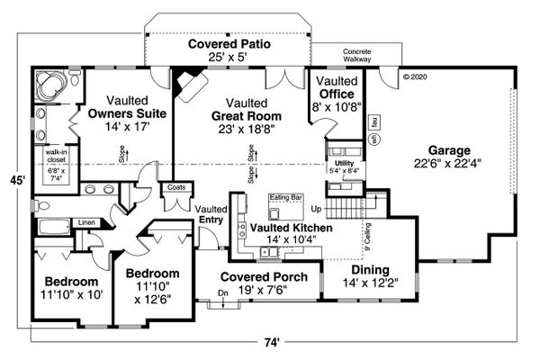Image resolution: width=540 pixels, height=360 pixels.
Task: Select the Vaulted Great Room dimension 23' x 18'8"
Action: (246, 130)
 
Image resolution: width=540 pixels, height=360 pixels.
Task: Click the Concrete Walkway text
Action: (356, 58)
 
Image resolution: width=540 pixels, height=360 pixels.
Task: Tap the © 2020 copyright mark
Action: (417, 76)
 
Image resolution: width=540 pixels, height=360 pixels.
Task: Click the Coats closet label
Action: (174, 187)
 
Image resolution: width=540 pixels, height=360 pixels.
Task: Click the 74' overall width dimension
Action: (272, 342)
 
